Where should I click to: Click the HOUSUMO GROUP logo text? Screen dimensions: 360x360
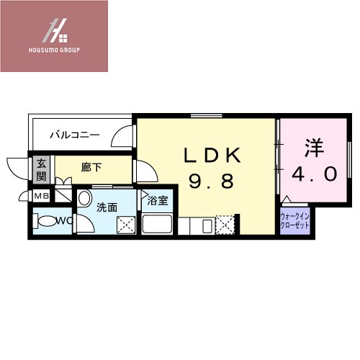(54, 50)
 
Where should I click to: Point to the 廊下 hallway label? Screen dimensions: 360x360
(91, 168)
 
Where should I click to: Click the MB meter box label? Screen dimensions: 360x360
(41, 196)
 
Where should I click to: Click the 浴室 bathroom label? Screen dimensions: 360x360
(158, 201)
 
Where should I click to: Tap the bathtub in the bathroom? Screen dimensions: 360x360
(156, 225)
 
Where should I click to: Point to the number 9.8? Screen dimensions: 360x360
(212, 181)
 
